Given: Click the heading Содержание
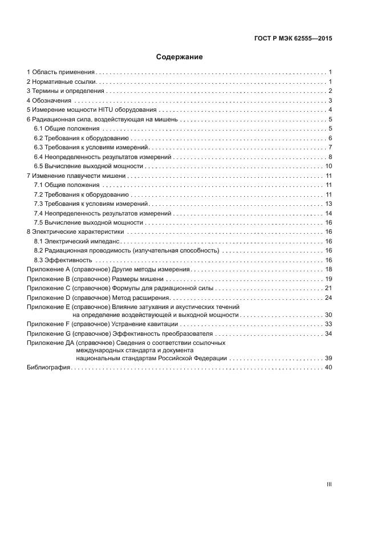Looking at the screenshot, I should pos(180,57).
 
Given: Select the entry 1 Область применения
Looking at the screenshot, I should pos(61,72).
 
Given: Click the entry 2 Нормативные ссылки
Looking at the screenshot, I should pos(61,82).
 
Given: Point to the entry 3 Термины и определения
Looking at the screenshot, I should pos(66,91).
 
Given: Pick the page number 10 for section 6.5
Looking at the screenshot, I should pos(329,166).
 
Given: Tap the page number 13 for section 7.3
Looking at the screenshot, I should pos(329,204).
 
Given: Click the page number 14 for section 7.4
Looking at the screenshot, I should pos(329,213).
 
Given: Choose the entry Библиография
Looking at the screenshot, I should pos(48,368).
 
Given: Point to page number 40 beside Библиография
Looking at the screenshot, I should pos(328,368).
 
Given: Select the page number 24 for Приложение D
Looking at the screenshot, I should pos(328,298).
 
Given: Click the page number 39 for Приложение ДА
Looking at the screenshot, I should pos(328,359).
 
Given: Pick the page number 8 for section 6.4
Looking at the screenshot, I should pos(330,157).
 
